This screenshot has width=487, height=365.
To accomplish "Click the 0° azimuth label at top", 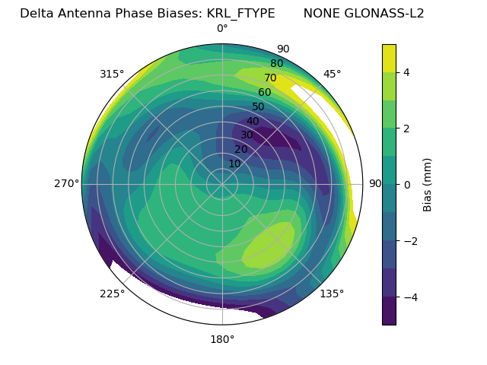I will click(222, 29).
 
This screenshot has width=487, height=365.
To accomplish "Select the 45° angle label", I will click(333, 74).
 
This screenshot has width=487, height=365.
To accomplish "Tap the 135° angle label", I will click(332, 294).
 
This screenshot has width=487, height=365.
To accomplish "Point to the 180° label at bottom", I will click(222, 339).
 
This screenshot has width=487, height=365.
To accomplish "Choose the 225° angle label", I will click(112, 294).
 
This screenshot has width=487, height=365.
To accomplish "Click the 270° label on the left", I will click(66, 183).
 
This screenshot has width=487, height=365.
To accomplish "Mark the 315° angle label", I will click(112, 74).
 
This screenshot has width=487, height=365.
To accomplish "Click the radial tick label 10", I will click(234, 163).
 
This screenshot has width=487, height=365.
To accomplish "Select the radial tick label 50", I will click(258, 107).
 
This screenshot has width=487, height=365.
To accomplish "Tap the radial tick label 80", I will click(276, 64).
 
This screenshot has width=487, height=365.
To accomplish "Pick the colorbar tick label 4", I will click(407, 72).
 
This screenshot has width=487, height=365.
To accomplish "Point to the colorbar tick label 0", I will click(407, 185).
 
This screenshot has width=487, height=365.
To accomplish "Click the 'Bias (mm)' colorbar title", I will click(428, 184).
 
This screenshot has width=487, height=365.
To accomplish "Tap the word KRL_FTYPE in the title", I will click(240, 14).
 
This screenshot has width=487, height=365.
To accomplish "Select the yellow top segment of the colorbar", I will click(389, 58).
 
